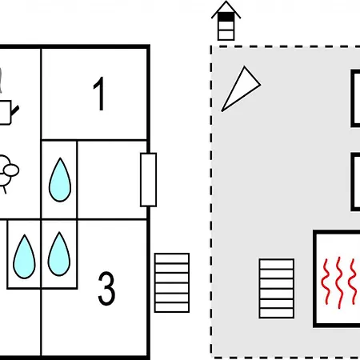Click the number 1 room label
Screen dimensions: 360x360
click(99, 94)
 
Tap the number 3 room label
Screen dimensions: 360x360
click(106, 288)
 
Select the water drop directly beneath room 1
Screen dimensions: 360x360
click(60, 180)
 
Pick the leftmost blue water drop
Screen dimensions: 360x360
click(24, 257)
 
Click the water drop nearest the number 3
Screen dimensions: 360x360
click(59, 254)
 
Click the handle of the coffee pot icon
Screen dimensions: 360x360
click(15, 111)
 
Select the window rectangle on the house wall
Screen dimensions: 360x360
click(148, 180)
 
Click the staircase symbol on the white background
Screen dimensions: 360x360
click(172, 282)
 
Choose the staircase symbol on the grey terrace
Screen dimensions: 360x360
click(277, 288)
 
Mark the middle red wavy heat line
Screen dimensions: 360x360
click(339, 282)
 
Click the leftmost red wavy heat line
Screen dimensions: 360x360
click(326, 282)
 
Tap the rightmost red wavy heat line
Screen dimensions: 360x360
click(353, 282)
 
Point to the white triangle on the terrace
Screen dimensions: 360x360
click(241, 89)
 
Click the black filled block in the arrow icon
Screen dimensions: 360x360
click(226, 17)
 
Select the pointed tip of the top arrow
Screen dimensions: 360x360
click(226, 2)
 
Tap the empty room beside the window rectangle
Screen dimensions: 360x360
click(112, 180)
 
